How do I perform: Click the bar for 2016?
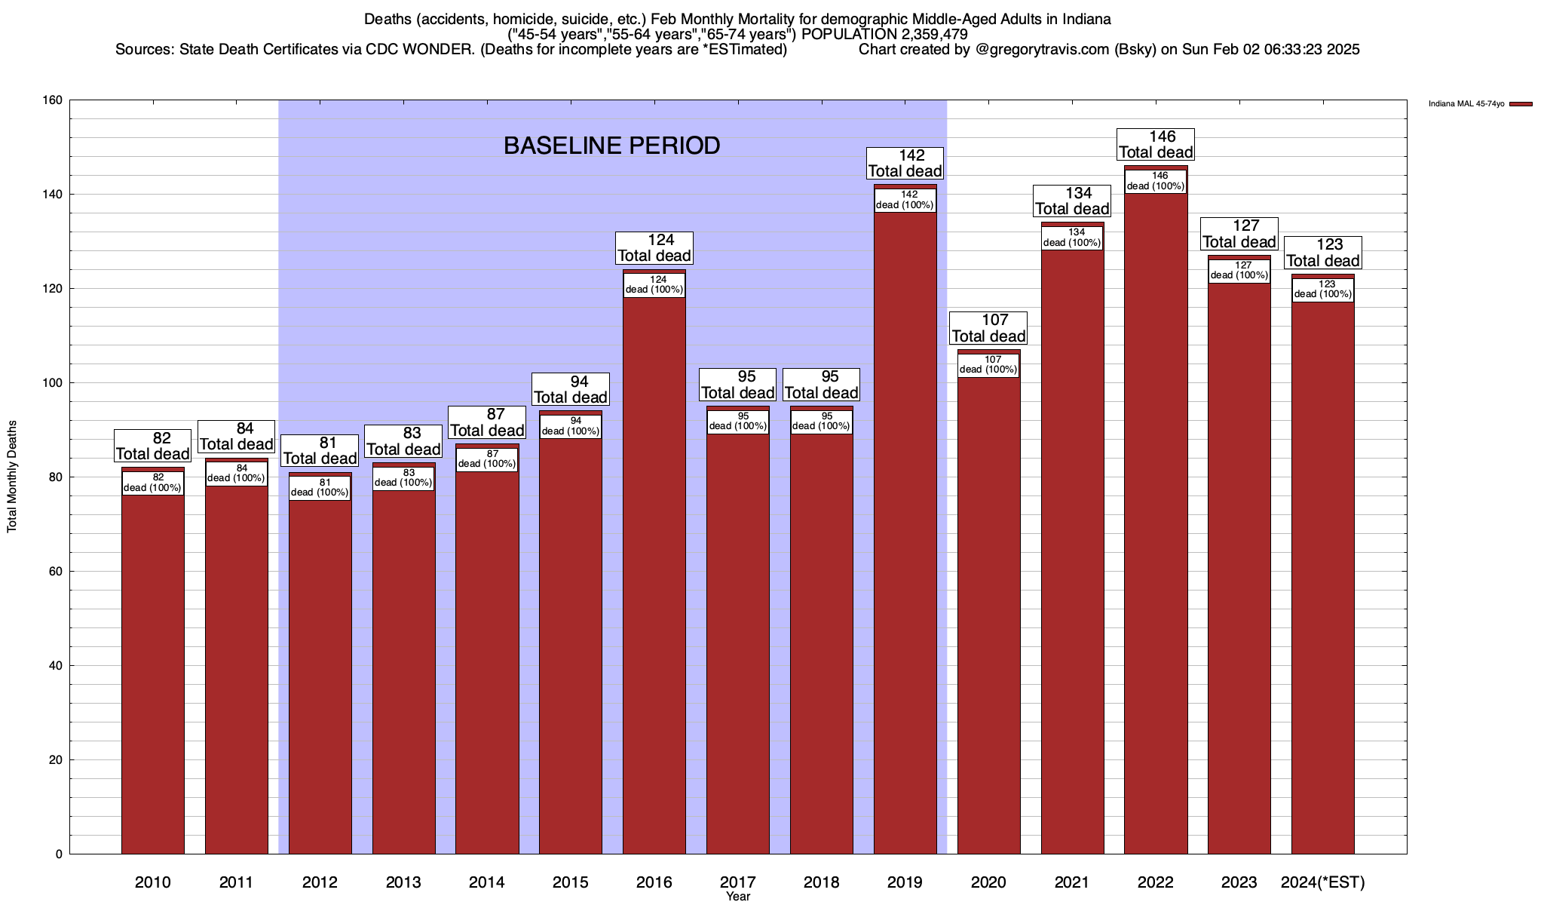654,573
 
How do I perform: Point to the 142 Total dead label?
905,163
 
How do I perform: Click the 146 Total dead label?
1155,144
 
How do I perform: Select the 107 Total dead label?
988,328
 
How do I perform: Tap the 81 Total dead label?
320,450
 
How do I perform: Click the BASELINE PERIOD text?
611,146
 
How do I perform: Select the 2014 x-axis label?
486,882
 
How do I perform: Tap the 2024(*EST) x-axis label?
1322,882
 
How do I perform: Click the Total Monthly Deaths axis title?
12,477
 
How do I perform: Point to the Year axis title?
738,897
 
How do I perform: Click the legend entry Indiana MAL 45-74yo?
1466,104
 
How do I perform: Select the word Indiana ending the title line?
1086,19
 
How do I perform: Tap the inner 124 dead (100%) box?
654,285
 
